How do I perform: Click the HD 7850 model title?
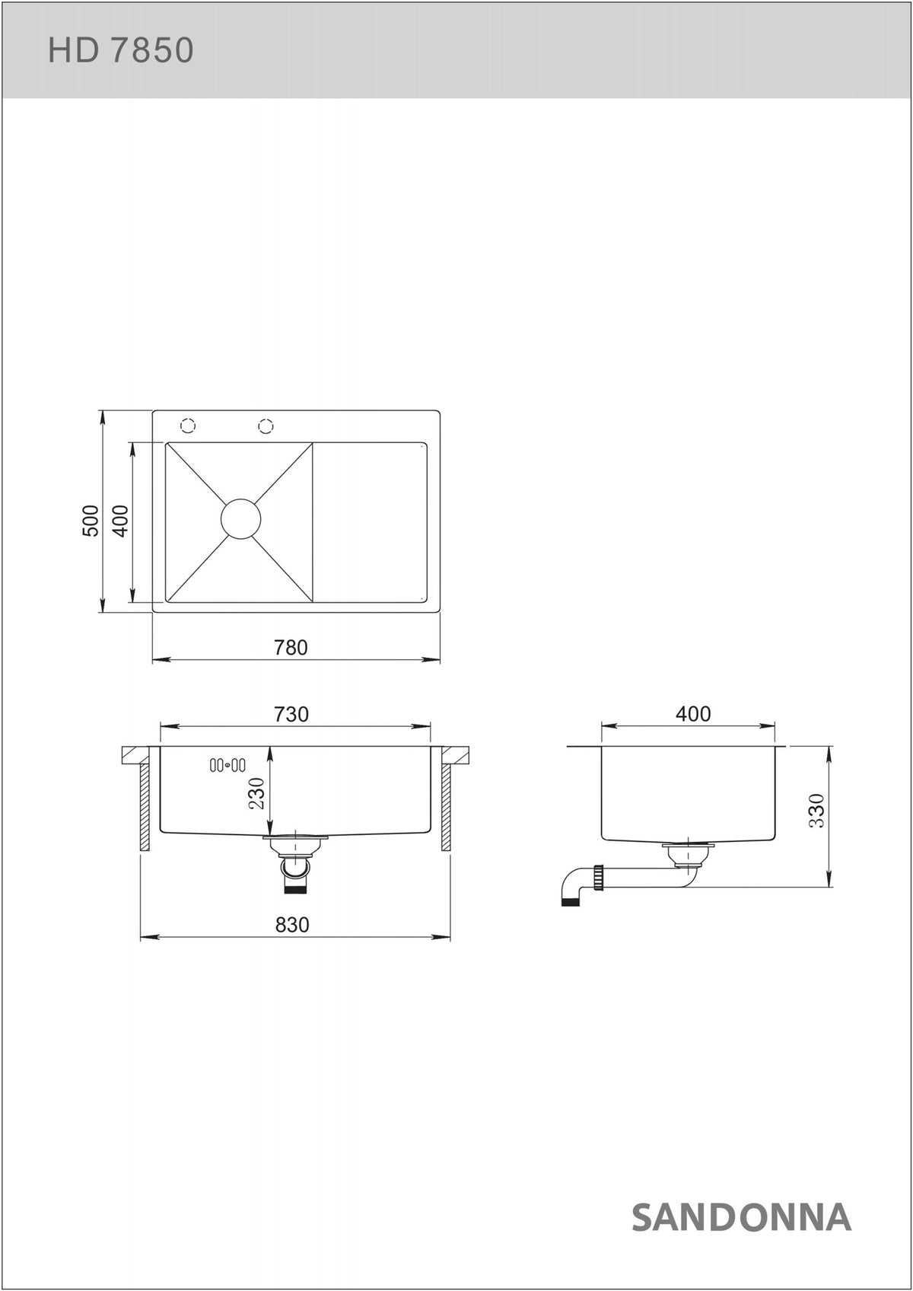120,50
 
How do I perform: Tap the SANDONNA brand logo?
741,1217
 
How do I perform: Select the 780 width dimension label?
291,648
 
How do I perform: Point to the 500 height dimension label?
91,521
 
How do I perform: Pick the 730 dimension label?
291,714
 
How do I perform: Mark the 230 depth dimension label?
256,794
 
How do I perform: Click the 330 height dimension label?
817,811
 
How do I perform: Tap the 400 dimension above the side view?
693,714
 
